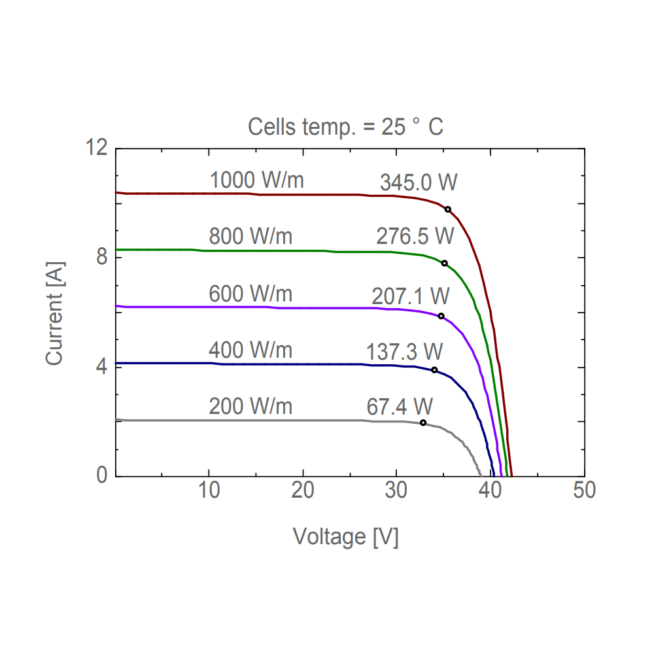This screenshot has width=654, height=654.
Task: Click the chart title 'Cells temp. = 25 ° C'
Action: click(345, 127)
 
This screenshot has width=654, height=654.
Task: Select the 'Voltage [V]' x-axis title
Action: click(345, 537)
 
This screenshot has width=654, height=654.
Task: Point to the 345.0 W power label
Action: click(418, 183)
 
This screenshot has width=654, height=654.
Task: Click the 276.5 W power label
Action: click(415, 236)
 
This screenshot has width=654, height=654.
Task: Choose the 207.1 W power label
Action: click(411, 296)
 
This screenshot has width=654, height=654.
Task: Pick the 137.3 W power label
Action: click(404, 352)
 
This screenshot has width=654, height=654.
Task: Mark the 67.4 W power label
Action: click(400, 407)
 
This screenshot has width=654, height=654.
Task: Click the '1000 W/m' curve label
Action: click(256, 180)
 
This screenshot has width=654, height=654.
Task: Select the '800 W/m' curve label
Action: click(250, 235)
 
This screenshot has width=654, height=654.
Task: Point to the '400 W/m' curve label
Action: click(250, 351)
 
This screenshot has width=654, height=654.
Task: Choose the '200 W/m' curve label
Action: click(250, 406)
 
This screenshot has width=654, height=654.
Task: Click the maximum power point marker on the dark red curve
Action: click(448, 209)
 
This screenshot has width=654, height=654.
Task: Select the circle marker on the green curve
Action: click(445, 264)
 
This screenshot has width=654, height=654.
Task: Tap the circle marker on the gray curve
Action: click(423, 422)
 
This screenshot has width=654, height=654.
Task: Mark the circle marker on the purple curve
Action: click(441, 317)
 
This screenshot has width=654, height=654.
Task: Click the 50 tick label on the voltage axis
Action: click(584, 490)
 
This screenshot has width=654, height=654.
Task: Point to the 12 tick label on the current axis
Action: click(96, 148)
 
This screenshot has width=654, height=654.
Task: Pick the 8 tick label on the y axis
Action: click(102, 258)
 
